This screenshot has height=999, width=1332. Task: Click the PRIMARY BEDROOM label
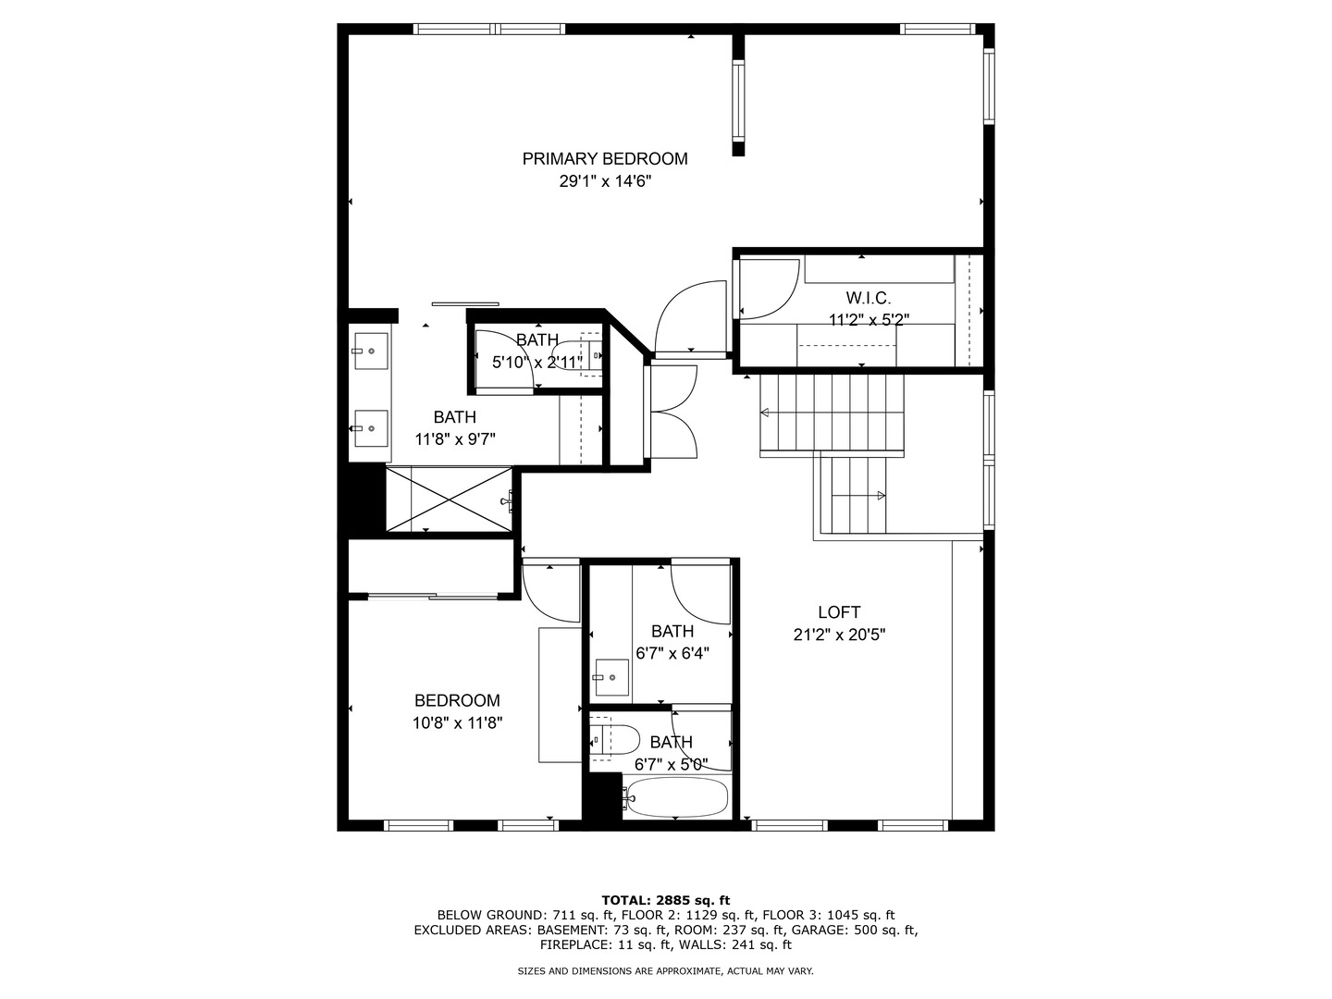605,159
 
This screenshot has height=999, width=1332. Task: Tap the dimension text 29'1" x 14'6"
605,182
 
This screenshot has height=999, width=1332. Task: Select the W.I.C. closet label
869,298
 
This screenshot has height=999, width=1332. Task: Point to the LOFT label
839,612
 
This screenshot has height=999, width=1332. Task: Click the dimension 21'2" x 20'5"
839,635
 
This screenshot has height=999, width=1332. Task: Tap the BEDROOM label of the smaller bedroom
457,701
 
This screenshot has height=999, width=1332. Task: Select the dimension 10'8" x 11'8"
457,724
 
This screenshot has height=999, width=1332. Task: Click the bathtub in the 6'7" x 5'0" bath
676,797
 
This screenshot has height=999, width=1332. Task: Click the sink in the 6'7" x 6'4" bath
610,678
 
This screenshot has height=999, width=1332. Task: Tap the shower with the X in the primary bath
448,499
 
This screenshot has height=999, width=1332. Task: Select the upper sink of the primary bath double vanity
370,351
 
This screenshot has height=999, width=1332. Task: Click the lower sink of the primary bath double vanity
370,428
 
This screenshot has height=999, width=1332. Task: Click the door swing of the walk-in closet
769,290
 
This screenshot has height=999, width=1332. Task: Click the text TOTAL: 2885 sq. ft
665,900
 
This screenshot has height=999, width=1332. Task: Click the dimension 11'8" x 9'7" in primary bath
454,440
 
